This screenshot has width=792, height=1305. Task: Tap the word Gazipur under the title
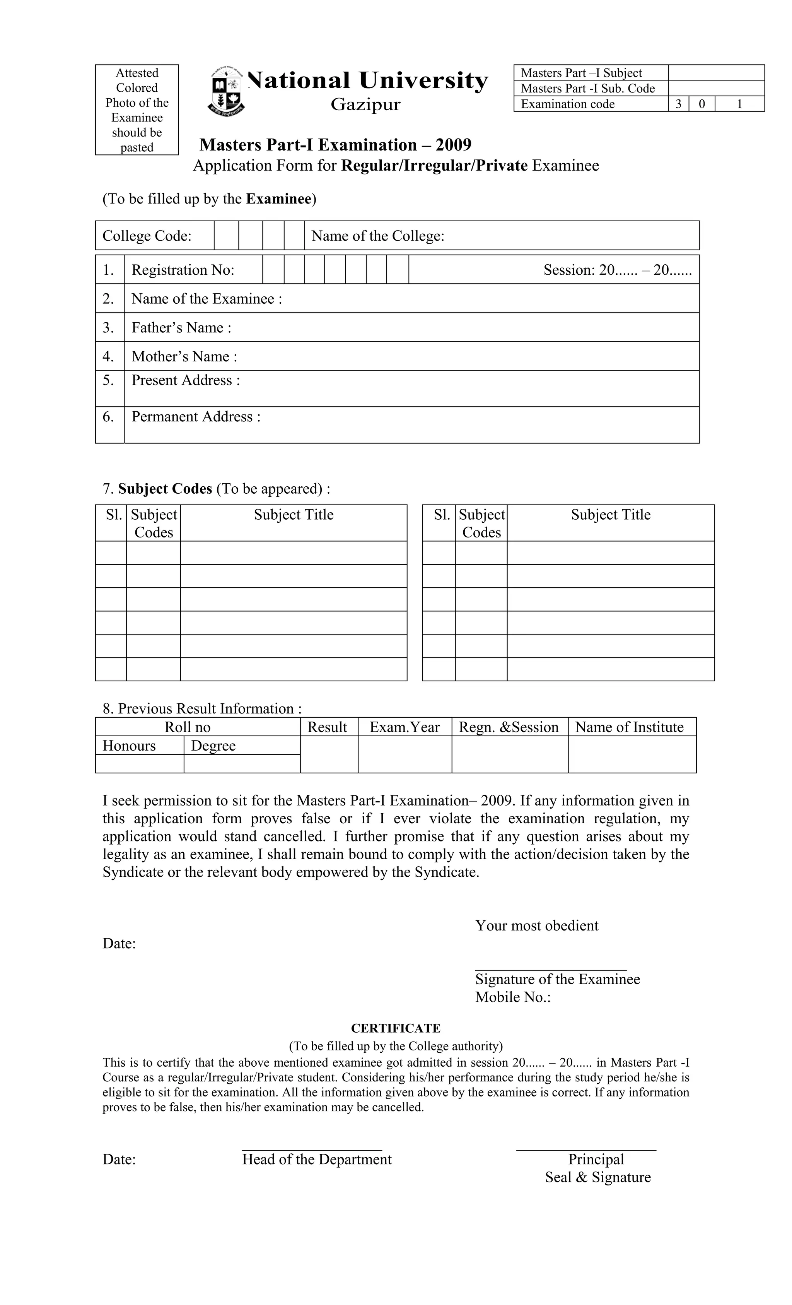(x=365, y=104)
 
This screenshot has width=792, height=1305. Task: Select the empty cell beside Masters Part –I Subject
(x=716, y=73)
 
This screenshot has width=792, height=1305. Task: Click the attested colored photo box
(x=137, y=109)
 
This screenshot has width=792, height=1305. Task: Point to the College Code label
(x=147, y=236)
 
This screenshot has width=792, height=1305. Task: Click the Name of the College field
(x=501, y=236)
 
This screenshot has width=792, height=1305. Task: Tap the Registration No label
(x=183, y=270)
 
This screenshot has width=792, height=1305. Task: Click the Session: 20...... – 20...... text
(x=617, y=270)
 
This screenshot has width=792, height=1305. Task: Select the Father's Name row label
(x=181, y=328)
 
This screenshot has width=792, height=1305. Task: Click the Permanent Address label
(x=196, y=417)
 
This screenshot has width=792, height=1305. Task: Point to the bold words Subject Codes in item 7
(x=165, y=488)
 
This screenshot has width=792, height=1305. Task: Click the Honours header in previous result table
(x=129, y=746)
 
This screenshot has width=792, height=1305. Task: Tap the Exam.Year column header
(x=405, y=727)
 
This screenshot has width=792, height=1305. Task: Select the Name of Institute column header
(x=629, y=727)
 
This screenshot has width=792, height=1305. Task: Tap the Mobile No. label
(x=512, y=997)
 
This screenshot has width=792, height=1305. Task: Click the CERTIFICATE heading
(x=396, y=1028)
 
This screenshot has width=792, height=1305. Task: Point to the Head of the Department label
(x=317, y=1160)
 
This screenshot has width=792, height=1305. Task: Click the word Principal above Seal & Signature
(x=596, y=1160)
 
